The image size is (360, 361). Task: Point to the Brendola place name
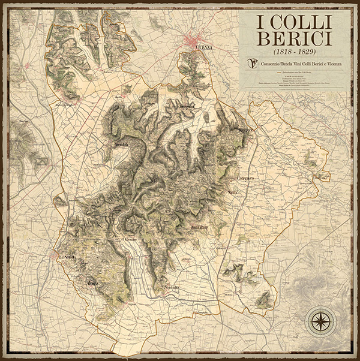(x=122, y=145)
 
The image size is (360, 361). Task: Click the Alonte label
(x=92, y=282)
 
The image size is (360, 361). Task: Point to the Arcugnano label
(x=185, y=107)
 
